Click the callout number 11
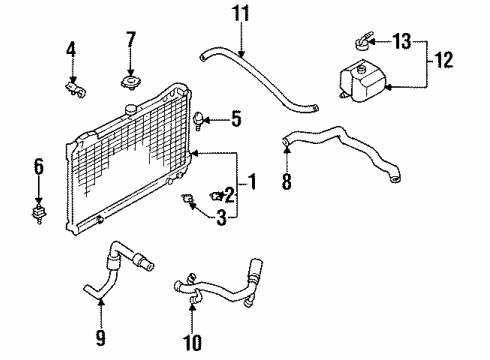click(241, 14)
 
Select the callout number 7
click(131, 39)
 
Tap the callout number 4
click(71, 50)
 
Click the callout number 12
click(444, 60)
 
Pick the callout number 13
click(402, 41)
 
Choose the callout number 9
click(100, 338)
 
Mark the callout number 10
click(192, 342)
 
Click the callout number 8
click(287, 182)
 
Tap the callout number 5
click(236, 119)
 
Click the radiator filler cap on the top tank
click(130, 109)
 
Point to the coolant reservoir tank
click(362, 80)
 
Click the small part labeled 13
click(362, 41)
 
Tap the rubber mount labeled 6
click(39, 214)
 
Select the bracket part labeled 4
click(75, 90)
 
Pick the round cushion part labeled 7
click(130, 83)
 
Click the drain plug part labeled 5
click(198, 121)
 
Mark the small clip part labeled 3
click(186, 198)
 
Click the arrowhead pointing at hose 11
click(241, 53)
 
